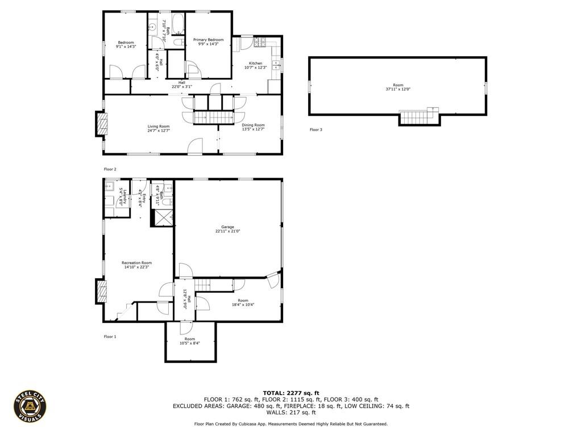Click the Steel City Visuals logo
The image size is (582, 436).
pos(30,406)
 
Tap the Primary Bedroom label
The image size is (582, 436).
pos(208,40)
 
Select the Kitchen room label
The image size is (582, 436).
pos(256,63)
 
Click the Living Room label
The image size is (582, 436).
pos(159,126)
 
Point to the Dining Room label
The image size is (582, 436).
pos(253,125)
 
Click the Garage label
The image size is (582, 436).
pos(227,227)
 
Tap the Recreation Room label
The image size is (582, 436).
pos(136,263)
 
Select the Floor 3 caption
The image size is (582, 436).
pos(316,130)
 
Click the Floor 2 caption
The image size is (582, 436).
pos(110,169)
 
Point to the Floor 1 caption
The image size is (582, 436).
pos(110,337)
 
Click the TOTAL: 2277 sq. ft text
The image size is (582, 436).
pos(291,393)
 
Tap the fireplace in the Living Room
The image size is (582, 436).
pos(101,124)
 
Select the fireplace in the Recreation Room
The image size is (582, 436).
pos(101,292)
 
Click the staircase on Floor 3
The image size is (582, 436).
pos(419,117)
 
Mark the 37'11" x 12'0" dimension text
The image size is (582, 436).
pos(398,89)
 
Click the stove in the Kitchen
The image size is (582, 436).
pos(260,41)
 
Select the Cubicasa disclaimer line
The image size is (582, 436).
pos(291,424)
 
